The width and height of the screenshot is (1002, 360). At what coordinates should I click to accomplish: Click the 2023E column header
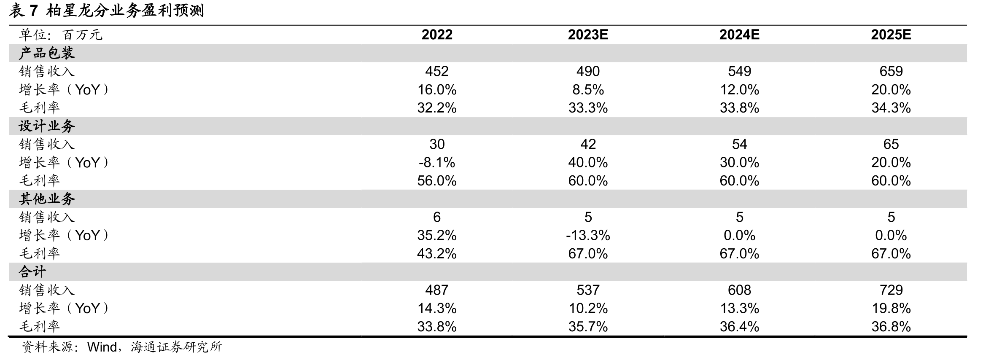tap(588, 35)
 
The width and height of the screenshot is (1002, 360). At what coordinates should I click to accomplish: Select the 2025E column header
tap(891, 35)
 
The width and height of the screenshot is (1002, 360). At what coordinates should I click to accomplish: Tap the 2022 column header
tap(437, 35)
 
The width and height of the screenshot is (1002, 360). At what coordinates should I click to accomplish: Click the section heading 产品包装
tap(47, 53)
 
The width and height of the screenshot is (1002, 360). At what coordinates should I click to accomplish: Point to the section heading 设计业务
tap(47, 126)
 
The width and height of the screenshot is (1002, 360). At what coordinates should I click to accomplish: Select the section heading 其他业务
tap(47, 199)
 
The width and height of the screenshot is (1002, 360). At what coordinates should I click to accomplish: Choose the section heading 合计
tap(32, 272)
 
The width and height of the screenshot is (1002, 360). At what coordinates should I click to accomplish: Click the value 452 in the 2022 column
tap(437, 71)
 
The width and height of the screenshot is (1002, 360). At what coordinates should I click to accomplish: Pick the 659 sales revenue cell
tap(891, 71)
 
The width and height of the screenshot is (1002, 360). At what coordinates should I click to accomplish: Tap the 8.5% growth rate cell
tap(588, 90)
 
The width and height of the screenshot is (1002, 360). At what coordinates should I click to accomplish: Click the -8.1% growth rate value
tap(437, 162)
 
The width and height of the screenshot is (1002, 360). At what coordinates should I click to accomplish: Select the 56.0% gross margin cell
tap(437, 181)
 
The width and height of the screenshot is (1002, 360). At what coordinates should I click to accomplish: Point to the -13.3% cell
tap(588, 235)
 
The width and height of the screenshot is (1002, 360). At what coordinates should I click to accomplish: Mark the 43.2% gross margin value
tap(437, 254)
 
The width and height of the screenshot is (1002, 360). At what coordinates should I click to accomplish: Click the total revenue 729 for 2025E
tap(891, 290)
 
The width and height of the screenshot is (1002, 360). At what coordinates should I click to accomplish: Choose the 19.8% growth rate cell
tap(891, 309)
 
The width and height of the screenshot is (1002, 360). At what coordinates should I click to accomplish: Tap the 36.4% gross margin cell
tap(739, 327)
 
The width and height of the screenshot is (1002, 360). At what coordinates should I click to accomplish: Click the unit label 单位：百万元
tap(61, 35)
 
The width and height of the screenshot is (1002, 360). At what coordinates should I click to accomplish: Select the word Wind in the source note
tap(102, 347)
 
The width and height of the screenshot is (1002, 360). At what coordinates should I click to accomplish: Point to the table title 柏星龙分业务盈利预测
tap(125, 11)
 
